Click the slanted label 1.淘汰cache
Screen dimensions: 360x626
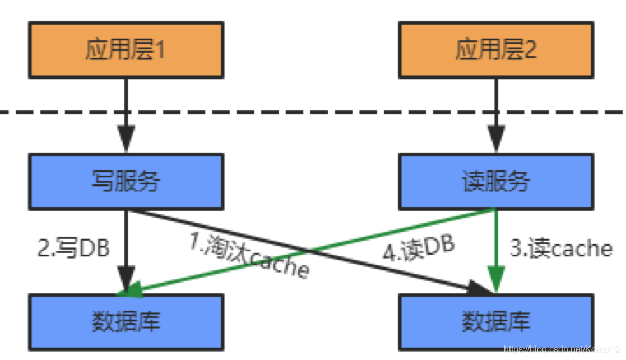(x=249, y=255)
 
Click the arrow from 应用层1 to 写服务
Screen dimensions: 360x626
(x=127, y=115)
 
